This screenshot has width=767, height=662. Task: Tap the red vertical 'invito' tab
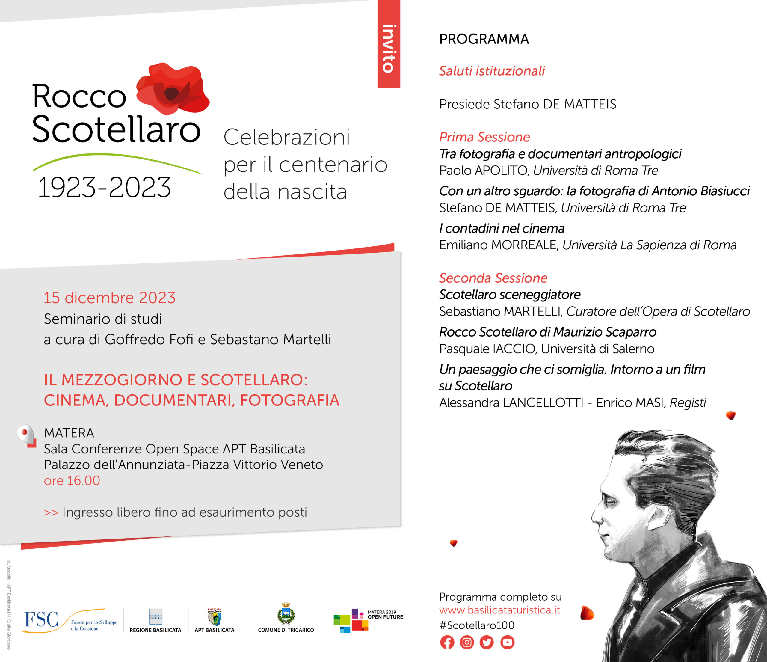click(x=389, y=44)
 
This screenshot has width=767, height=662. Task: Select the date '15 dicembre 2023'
click(x=110, y=298)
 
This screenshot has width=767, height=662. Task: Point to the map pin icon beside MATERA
click(x=27, y=436)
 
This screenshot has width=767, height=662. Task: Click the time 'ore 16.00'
click(x=72, y=481)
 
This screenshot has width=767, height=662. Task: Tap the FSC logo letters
click(x=41, y=619)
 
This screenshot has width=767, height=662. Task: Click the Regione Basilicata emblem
click(x=155, y=616)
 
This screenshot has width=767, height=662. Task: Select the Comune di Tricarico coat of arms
click(x=286, y=613)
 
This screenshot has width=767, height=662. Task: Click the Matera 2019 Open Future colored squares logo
click(x=351, y=621)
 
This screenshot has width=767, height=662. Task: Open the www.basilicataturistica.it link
click(x=499, y=610)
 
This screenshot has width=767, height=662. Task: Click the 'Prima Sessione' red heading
click(x=484, y=137)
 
